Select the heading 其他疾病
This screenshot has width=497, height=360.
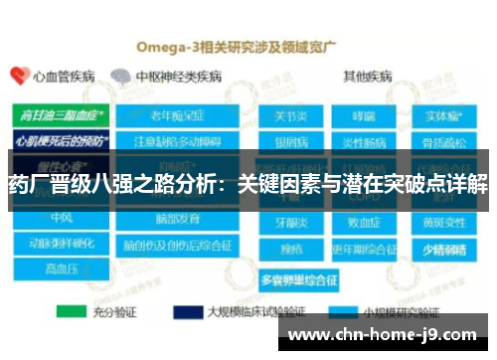pyautogui.click(x=367, y=76)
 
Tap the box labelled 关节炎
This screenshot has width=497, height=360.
pyautogui.click(x=290, y=115)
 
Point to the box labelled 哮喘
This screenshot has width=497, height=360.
pyautogui.click(x=363, y=115)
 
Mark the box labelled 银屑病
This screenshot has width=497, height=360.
pyautogui.click(x=290, y=138)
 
